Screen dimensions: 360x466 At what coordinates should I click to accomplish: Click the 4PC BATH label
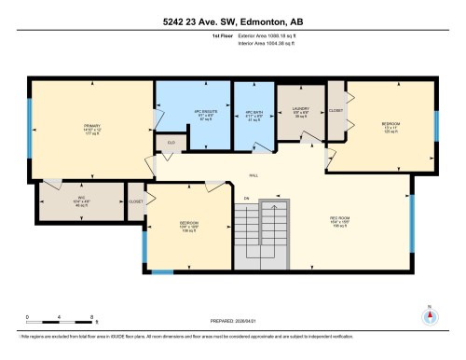coord(254,116)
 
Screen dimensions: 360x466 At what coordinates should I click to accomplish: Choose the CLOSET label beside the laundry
coord(336,110)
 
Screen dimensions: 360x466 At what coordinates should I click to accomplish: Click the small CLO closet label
coord(171,143)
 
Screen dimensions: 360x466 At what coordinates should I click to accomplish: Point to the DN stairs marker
coord(247,198)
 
